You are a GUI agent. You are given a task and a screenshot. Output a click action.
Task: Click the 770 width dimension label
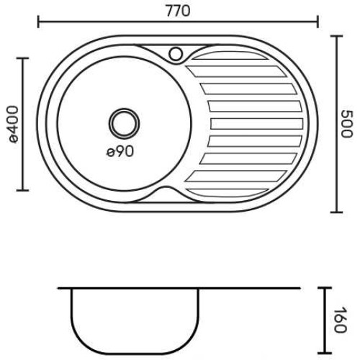[178, 11]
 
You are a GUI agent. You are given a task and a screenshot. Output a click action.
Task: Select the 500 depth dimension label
[346, 124]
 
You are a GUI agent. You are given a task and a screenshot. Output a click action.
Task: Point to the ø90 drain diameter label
[120, 151]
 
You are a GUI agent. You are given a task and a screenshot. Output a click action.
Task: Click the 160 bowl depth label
[340, 319]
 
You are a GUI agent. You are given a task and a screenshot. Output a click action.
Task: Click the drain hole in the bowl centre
[124, 124]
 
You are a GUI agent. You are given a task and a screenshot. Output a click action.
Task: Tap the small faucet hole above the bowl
[176, 54]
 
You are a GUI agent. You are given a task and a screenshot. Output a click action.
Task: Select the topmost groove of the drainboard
[229, 55]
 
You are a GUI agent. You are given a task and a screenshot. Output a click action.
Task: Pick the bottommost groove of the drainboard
[228, 193]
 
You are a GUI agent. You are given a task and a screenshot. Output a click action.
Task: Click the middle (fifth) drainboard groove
[257, 124]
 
